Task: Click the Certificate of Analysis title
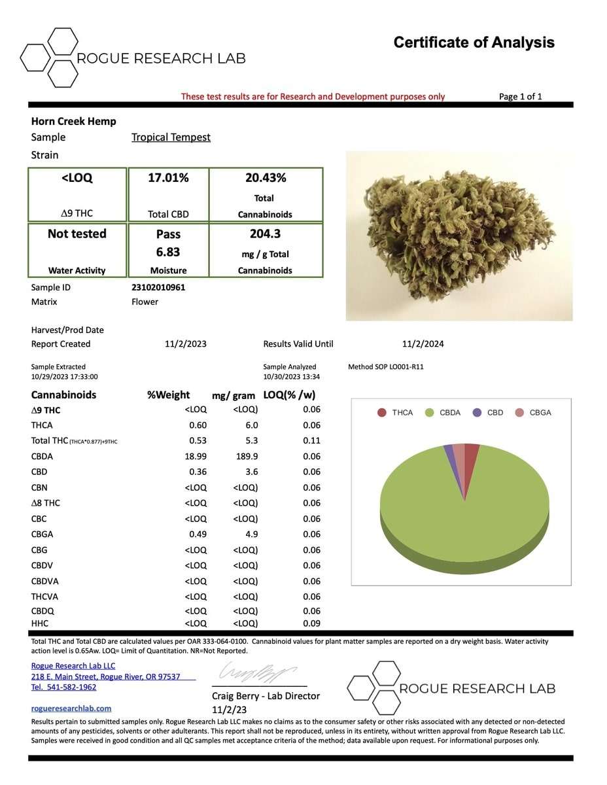tap(474, 43)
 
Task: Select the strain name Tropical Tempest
tap(171, 137)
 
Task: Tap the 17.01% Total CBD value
tap(169, 178)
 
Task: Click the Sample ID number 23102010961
tap(158, 287)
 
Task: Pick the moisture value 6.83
tap(168, 252)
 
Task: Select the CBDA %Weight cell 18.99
tap(196, 457)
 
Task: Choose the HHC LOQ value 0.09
tap(311, 623)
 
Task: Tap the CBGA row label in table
tap(43, 534)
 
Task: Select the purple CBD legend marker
tap(477, 413)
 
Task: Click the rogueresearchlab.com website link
tap(71, 708)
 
